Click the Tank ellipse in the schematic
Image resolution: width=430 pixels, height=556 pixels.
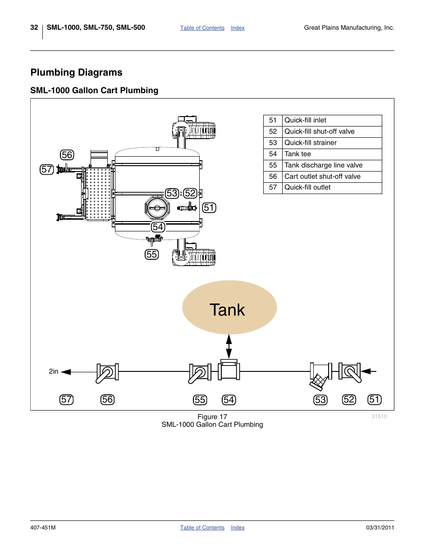pos(229,307)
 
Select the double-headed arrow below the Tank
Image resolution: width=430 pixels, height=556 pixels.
pos(229,346)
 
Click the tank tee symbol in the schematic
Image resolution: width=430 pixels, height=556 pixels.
pos(229,371)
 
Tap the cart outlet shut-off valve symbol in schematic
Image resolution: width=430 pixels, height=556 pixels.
pos(107,373)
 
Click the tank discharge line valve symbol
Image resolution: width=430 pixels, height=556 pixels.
pos(200,373)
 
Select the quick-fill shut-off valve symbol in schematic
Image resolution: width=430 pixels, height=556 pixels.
pos(350,372)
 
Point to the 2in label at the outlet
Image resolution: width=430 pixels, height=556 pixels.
pos(53,371)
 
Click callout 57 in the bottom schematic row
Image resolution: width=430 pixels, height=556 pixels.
pos(67,400)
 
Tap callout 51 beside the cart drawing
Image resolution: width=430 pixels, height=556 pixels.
pos(209,208)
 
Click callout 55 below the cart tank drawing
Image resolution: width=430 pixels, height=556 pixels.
pos(152,254)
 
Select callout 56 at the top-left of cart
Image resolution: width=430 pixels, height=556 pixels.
pos(67,155)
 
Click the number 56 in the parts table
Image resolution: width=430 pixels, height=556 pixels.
pos(273,176)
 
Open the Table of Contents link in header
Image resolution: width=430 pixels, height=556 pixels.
pos(202,28)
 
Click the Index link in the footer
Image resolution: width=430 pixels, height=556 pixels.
pos(238,528)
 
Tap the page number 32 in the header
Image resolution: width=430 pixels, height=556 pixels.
pos(34,27)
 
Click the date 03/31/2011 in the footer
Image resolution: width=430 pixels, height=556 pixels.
pos(380,528)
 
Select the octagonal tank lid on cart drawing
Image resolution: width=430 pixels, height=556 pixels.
pos(157,208)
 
